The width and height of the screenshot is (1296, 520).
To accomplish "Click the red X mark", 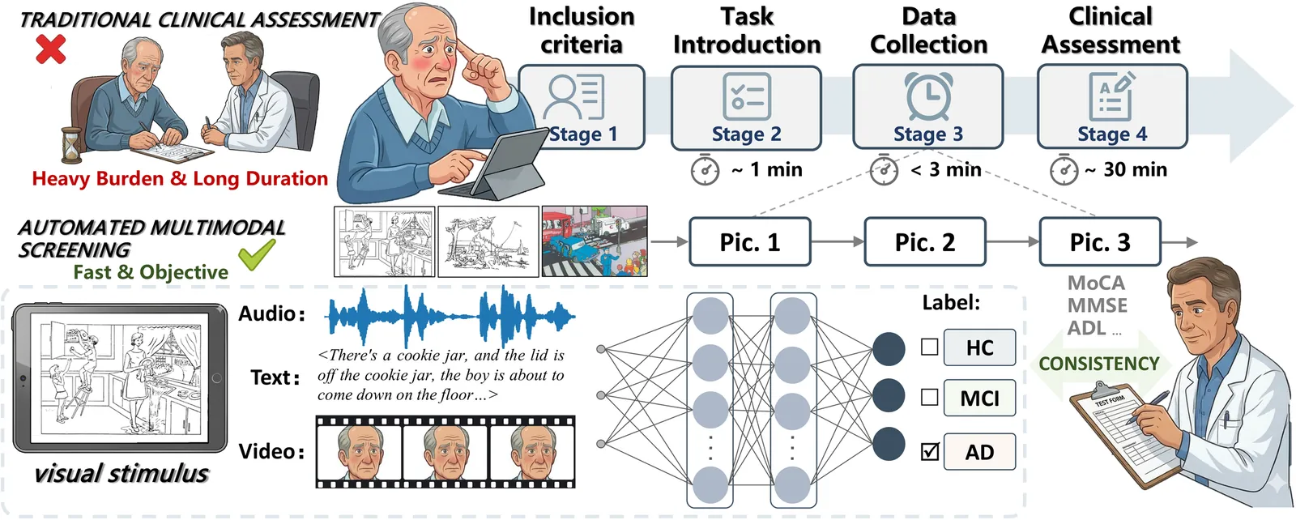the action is pos(51,49).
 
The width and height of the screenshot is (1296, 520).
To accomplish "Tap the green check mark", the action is pos(256,254).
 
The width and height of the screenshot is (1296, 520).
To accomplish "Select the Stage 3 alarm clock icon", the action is pos(928,96).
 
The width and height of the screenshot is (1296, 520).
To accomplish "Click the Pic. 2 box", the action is pos(924,242).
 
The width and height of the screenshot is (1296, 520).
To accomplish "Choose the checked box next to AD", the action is pos(930,451).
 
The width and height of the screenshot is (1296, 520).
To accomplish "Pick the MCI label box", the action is pos(979,398).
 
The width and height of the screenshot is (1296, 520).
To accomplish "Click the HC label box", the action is pos(979,347).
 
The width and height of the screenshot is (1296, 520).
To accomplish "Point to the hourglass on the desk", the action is pos(71,145).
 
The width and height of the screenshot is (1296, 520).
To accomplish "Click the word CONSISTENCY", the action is pos(1099,363).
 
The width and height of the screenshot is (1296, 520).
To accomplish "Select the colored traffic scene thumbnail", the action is pos(595,241).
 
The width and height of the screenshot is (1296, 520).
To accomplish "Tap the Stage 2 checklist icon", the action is pos(747,96).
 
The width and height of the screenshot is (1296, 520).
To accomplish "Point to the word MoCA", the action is pos(1097,283).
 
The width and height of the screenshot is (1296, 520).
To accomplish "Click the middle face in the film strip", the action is pos(446,452).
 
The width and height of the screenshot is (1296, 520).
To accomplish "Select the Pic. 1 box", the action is pos(750,242).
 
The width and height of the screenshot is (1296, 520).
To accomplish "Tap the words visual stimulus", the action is pos(121,474).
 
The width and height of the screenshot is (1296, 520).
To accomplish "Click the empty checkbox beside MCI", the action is pos(930,398).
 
